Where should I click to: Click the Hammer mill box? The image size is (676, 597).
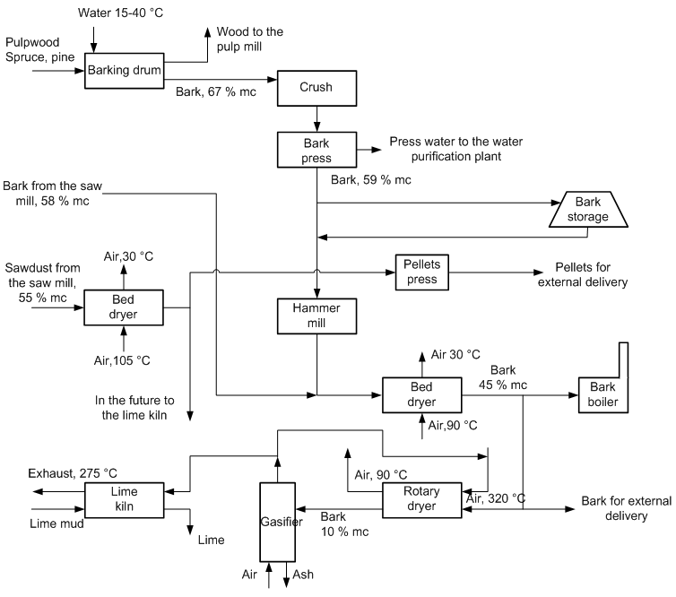(317, 314)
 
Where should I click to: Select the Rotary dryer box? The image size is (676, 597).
(420, 499)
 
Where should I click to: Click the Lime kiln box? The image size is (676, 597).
(124, 500)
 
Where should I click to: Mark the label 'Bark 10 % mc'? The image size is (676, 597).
(345, 525)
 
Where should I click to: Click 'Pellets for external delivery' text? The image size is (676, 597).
(581, 275)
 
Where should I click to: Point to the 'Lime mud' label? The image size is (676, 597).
(56, 523)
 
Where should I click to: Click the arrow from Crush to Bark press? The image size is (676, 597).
(317, 118)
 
